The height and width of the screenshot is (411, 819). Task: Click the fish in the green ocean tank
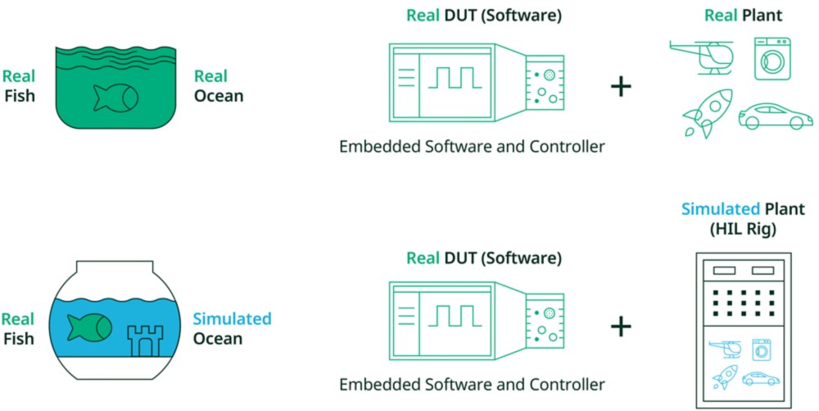coord(115,98)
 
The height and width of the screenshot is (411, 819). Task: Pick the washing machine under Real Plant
coord(773,58)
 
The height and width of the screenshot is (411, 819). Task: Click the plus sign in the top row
coord(622,86)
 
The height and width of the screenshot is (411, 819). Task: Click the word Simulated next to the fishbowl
coord(232,319)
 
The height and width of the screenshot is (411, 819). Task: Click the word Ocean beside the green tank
coord(219,96)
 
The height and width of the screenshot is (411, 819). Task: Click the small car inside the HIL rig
coord(761,378)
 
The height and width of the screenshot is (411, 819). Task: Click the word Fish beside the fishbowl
coord(18,337)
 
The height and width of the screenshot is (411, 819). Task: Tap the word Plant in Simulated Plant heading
coord(785,209)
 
